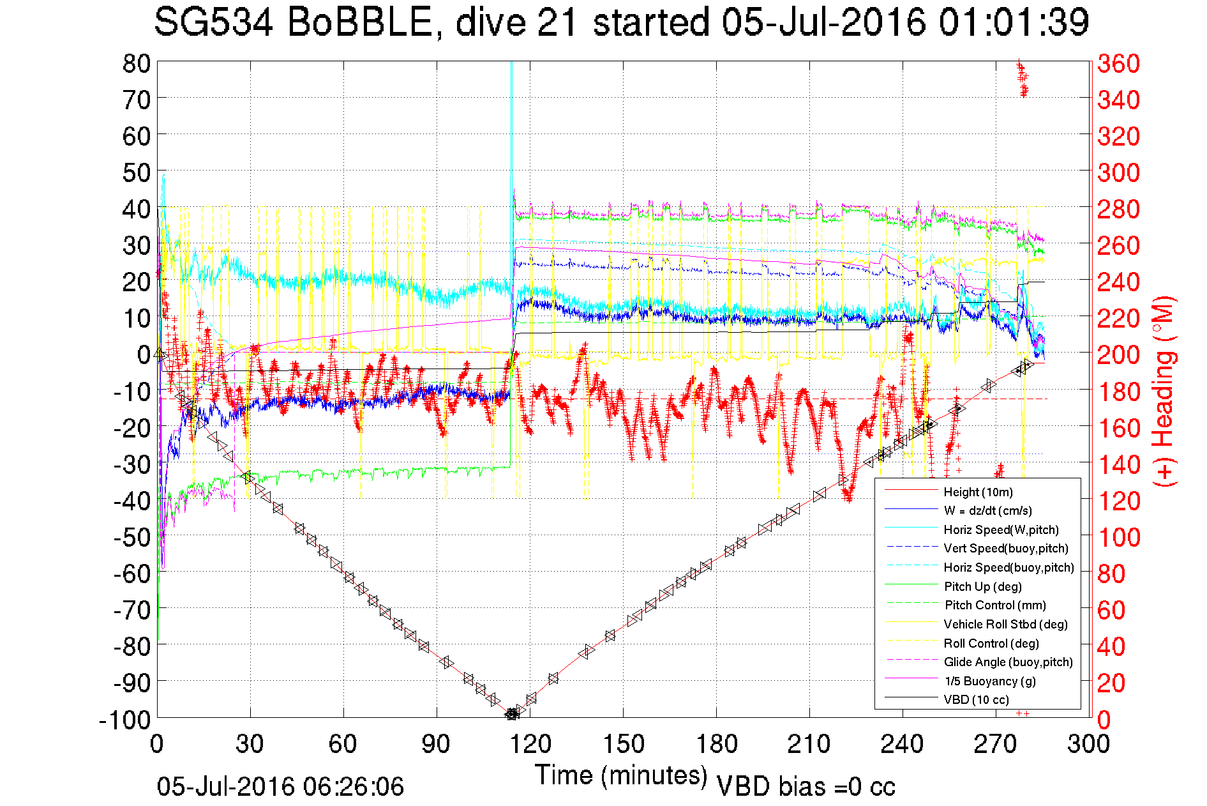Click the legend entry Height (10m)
click(x=978, y=492)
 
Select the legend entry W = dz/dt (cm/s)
click(x=987, y=510)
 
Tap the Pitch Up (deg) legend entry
click(x=982, y=586)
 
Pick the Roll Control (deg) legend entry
click(x=991, y=643)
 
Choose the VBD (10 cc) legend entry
click(x=976, y=699)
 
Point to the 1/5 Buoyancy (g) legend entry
click(x=990, y=681)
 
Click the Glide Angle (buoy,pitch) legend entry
click(x=1008, y=662)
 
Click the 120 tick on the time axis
click(x=530, y=744)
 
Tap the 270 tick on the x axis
click(x=996, y=744)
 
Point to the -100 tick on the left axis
click(x=125, y=720)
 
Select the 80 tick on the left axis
click(x=136, y=63)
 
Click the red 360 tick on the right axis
click(x=1118, y=63)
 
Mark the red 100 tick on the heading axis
click(x=1118, y=537)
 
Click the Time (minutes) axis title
click(x=621, y=775)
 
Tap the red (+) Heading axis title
click(x=1164, y=391)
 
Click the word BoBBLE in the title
click(x=361, y=22)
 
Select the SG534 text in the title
click(x=213, y=22)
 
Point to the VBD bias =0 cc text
click(x=806, y=787)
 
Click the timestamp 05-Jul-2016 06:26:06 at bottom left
click(x=280, y=787)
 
